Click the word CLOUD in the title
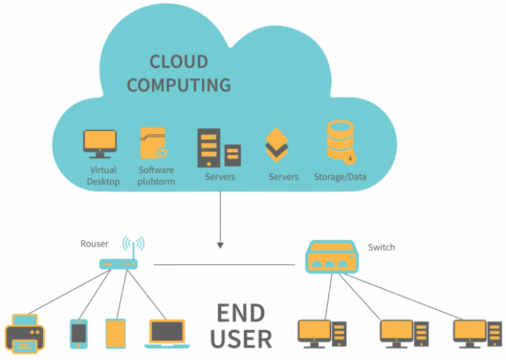179,61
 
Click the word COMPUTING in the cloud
179,85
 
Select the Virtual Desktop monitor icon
100,144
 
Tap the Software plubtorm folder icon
154,143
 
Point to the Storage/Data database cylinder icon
341,142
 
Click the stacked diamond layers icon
277,144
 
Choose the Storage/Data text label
340,177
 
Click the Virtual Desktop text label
103,176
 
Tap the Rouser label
94,244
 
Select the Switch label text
381,247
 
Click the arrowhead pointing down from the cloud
221,245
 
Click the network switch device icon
332,257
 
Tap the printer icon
25,333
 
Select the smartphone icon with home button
79,334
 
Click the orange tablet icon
115,333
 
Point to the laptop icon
167,334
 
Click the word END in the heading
241,313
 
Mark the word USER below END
241,339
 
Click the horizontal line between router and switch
224,265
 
